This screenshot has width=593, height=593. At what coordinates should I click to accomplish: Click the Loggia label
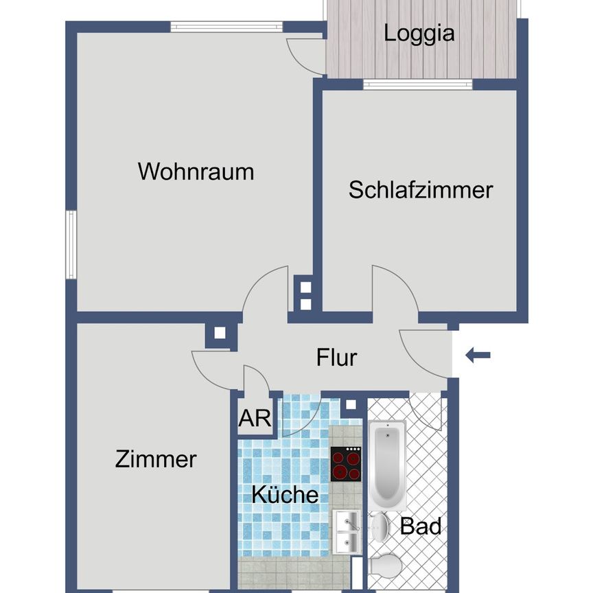[419, 32]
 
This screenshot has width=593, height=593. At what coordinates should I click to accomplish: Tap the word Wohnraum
[196, 172]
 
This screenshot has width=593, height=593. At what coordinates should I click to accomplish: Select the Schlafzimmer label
[421, 189]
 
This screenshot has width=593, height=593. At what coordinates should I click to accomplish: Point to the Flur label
[336, 358]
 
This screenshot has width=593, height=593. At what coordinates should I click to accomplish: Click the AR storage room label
[255, 419]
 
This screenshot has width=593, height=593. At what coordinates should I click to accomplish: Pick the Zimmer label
[156, 459]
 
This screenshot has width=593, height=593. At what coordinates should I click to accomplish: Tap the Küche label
[284, 494]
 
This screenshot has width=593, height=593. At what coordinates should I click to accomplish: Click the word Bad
[420, 527]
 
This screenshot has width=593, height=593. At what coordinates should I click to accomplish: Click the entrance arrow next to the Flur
[478, 355]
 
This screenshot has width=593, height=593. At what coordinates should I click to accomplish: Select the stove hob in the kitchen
[347, 464]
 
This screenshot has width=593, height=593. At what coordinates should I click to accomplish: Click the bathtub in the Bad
[388, 463]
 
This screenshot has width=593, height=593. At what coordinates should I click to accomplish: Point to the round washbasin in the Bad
[381, 527]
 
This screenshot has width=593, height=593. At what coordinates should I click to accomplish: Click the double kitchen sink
[346, 531]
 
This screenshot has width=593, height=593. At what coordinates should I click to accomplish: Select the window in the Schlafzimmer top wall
[417, 85]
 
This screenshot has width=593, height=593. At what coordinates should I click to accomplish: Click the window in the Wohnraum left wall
[71, 244]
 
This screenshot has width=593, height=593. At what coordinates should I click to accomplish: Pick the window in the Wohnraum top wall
[226, 27]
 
